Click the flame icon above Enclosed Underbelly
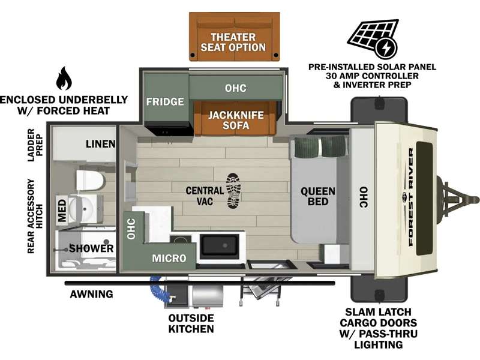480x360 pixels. point(64,79)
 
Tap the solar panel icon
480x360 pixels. point(373,39)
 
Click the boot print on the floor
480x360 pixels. point(233,191)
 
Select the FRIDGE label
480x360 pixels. point(165,101)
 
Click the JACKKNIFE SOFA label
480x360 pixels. point(236,120)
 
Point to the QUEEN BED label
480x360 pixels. point(318,196)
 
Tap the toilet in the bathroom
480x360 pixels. point(91,181)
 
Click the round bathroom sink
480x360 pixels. point(81,209)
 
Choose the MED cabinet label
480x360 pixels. point(62,210)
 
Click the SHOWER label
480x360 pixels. point(91,248)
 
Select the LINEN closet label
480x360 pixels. point(100,144)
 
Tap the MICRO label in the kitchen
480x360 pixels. point(169,259)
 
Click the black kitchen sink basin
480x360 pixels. point(220,246)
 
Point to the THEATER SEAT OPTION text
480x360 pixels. point(233,42)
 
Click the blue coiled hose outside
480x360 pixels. point(160,289)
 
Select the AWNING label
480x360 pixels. point(92,294)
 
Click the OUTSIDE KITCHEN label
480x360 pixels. point(191,323)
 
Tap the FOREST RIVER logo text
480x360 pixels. point(411,197)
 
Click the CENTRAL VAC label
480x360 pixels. point(205,196)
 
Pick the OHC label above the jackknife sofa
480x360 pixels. point(235,88)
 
